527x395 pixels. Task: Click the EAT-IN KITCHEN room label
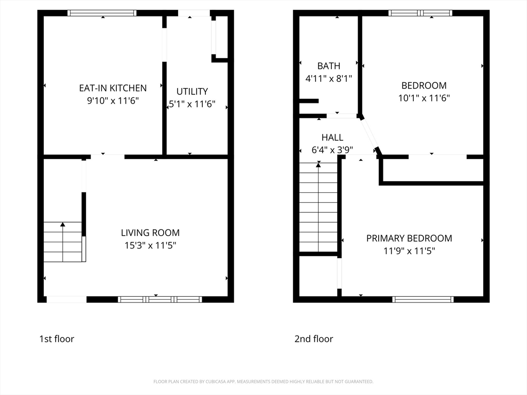point(113,88)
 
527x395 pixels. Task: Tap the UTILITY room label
point(192,91)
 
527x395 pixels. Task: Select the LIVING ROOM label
point(150,233)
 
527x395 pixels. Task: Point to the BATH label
point(328,66)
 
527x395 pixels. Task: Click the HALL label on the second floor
point(332,137)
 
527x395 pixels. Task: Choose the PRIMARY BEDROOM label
point(409,238)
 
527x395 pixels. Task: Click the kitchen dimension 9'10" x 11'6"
point(113,101)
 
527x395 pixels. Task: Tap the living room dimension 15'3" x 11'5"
point(150,246)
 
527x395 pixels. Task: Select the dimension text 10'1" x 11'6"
point(424,98)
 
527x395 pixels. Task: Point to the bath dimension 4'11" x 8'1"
point(328,79)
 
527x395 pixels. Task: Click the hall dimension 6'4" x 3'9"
point(332,150)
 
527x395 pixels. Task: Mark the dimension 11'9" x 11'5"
point(409,251)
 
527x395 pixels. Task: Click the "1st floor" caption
point(57,339)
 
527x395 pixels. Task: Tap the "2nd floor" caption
point(313,339)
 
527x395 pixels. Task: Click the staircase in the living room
point(63,242)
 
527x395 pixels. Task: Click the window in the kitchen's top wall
point(102,13)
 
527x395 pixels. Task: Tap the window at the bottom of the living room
point(160,299)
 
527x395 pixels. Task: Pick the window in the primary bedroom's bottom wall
point(423,299)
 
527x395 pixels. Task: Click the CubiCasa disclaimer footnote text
point(263,382)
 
